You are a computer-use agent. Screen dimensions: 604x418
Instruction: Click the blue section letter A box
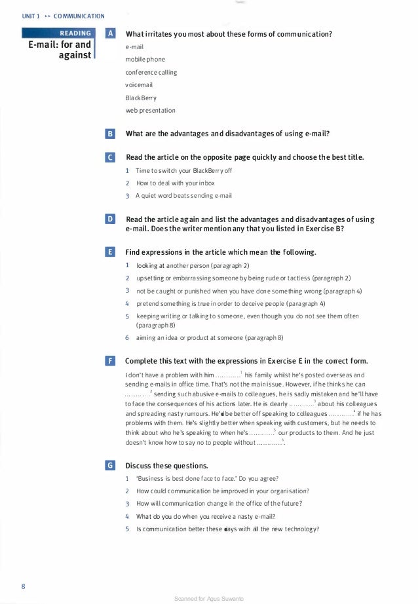[x=111, y=33]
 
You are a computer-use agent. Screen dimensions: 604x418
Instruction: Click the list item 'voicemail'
[x=138, y=85]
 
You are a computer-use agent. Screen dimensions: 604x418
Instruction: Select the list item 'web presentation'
[x=150, y=110]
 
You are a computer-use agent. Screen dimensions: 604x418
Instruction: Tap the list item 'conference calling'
[x=151, y=72]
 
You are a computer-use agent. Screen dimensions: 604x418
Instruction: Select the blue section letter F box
[x=111, y=361]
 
